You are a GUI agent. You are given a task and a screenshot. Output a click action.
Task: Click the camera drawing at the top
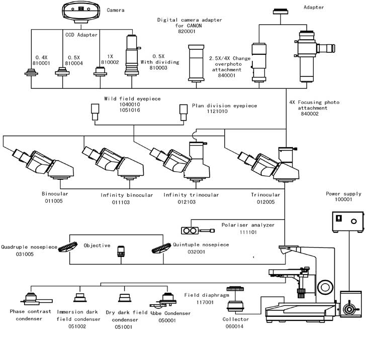click(x=81, y=12)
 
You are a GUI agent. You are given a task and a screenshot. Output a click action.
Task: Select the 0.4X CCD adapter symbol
click(x=31, y=72)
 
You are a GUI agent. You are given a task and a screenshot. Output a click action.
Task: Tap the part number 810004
click(x=74, y=63)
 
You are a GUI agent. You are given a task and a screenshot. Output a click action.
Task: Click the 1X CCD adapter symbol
click(x=100, y=72)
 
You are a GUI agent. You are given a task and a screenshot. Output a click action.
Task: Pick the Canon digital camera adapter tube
click(x=196, y=64)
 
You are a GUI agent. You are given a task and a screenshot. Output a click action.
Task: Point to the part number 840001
click(x=227, y=75)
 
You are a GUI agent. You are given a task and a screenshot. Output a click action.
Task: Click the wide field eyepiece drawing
click(x=95, y=112)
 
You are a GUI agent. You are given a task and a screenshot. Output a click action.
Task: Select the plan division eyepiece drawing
click(x=183, y=112)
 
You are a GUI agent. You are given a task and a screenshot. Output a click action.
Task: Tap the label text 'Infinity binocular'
click(x=127, y=195)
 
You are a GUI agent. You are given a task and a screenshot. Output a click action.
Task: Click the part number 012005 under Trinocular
click(x=266, y=202)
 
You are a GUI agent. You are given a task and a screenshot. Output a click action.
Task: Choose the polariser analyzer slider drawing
click(x=198, y=230)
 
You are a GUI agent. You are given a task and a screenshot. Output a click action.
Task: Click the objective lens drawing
click(x=121, y=252)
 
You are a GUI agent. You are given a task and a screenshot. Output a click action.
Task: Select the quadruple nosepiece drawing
click(x=68, y=247)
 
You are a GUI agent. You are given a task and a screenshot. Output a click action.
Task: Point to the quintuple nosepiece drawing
click(x=161, y=248)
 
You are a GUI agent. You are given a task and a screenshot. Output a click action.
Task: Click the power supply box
click(x=348, y=222)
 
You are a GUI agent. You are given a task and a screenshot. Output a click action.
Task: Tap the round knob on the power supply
click(x=354, y=221)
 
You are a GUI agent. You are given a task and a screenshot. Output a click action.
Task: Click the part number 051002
click(x=77, y=326)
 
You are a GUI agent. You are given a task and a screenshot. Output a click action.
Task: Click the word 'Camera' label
click(x=116, y=10)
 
